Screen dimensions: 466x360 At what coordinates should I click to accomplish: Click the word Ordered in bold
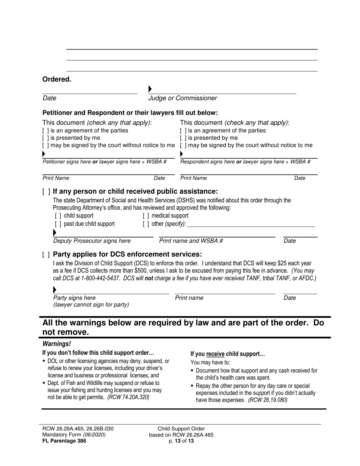tap(56, 79)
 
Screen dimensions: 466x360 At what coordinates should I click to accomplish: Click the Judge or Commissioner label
tap(183, 98)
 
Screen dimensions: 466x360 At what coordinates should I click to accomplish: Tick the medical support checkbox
tap(146, 216)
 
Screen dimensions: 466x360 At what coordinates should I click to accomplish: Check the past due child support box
tap(58, 224)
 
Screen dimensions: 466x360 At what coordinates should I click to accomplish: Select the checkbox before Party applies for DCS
tap(46, 254)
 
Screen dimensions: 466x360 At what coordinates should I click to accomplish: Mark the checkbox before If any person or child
tap(46, 191)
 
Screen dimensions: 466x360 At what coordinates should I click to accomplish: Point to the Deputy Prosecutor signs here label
tap(92, 241)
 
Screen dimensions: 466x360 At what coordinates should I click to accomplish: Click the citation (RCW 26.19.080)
tap(268, 400)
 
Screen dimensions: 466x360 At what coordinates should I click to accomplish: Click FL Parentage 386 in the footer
tap(64, 441)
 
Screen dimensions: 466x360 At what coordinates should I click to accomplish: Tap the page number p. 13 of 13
tap(181, 441)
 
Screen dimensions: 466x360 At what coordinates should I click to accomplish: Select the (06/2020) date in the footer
tap(94, 435)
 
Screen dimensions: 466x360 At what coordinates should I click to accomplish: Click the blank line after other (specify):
tap(251, 224)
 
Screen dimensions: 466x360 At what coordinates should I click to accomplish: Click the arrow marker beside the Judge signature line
tap(150, 89)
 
